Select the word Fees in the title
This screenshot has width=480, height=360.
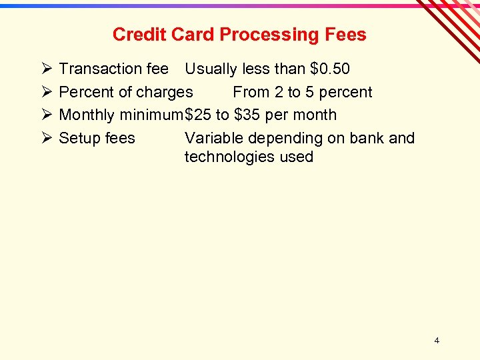point(346,35)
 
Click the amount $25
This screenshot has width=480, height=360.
point(197,115)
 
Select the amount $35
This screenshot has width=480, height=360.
point(247,115)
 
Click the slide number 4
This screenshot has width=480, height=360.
point(437,341)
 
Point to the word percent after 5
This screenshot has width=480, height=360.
point(346,92)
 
